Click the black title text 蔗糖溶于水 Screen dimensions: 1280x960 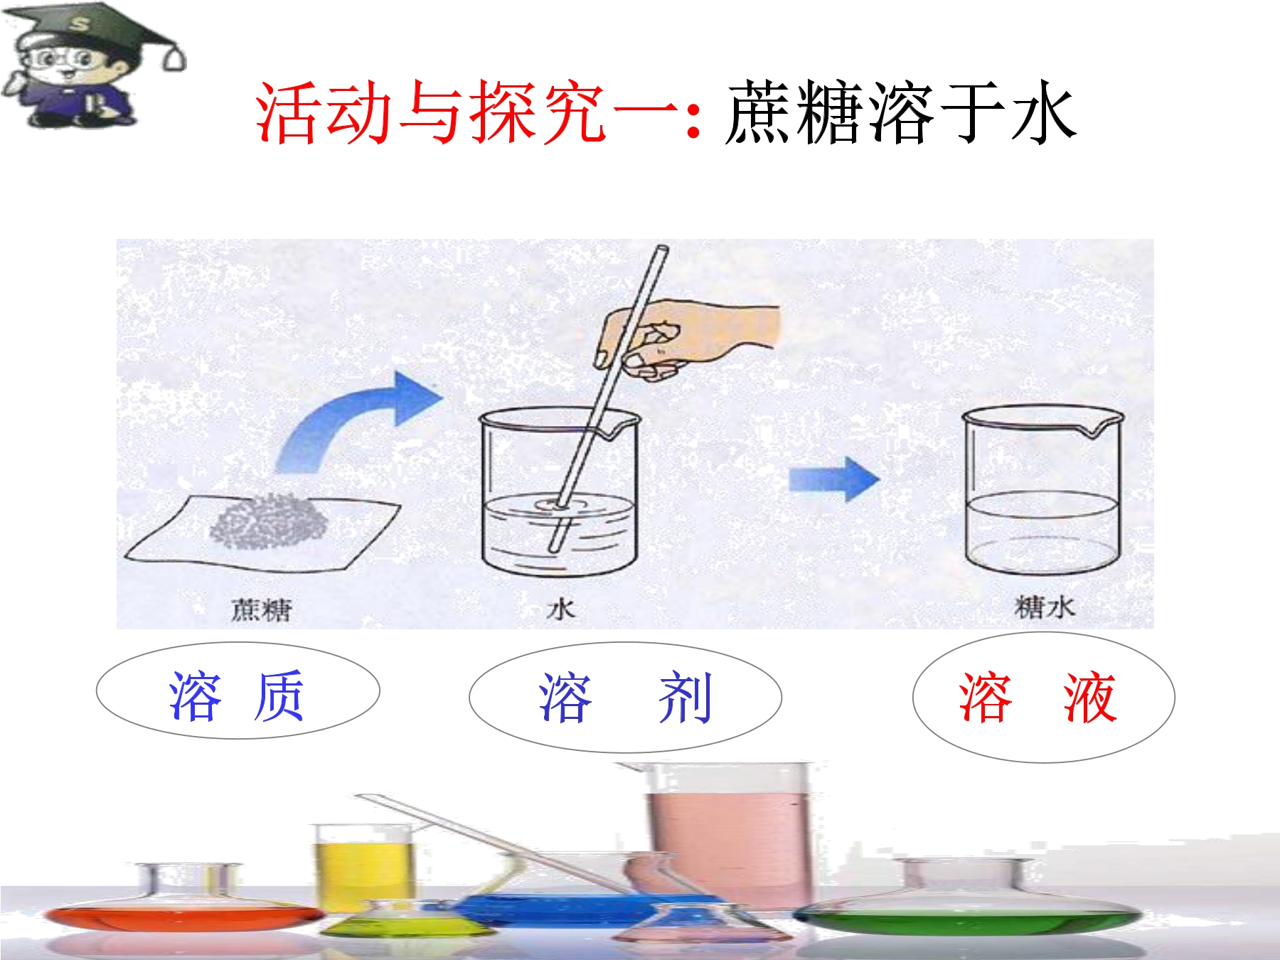click(900, 112)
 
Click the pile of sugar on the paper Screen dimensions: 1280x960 click(269, 521)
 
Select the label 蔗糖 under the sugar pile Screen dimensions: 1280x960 click(261, 609)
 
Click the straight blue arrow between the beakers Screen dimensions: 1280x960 click(834, 480)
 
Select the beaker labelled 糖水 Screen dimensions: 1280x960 click(1042, 491)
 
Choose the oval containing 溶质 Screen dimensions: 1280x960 click(238, 691)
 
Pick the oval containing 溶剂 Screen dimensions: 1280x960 click(625, 697)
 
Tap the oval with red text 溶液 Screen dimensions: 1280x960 click(1043, 698)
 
